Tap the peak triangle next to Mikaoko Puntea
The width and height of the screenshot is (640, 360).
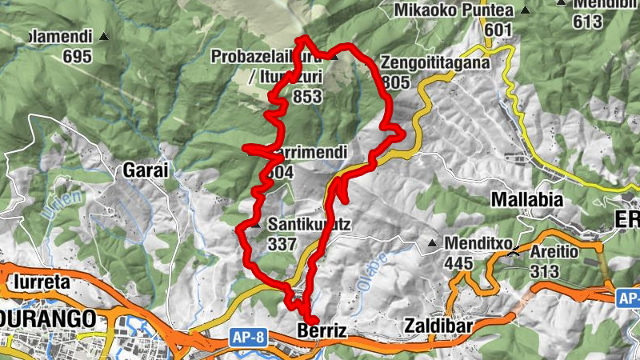coord(525,10)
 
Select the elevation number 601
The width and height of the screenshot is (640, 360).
coord(497,30)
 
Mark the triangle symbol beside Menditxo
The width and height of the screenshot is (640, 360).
coord(433,243)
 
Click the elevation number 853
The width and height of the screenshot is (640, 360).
coord(308,97)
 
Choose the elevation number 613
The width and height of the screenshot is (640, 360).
coord(587,22)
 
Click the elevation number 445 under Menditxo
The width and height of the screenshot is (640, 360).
coord(460,262)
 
